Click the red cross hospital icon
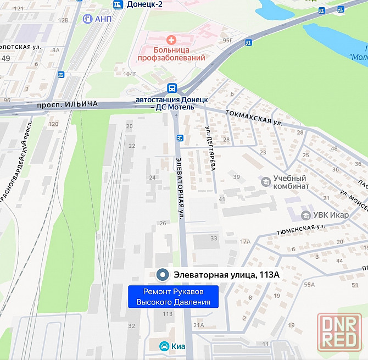[x=171, y=40]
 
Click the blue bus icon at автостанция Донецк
[x=172, y=88]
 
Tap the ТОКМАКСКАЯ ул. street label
[x=254, y=117]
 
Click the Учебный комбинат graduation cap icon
[x=266, y=181]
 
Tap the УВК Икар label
[x=331, y=214]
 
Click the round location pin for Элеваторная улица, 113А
[x=163, y=275]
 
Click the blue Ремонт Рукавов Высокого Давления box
[x=173, y=297]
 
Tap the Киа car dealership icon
[x=164, y=346]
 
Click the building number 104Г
[x=130, y=74]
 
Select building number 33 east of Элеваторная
[x=214, y=238]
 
